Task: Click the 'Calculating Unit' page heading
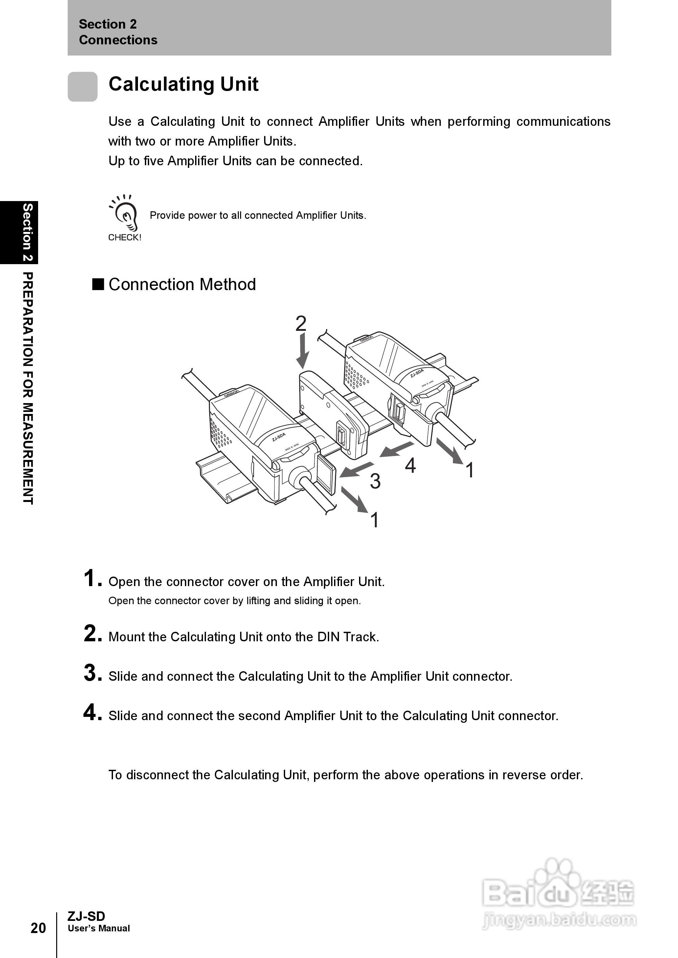[x=183, y=84]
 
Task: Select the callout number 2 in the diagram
[x=301, y=324]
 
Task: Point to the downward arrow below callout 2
[x=302, y=351]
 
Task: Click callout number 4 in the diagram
[x=410, y=466]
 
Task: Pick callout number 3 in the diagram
[x=375, y=481]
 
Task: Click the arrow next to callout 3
[x=356, y=469]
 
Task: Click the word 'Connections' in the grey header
[x=118, y=40]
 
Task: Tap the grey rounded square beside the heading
[x=83, y=86]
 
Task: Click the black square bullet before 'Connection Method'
[x=98, y=284]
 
